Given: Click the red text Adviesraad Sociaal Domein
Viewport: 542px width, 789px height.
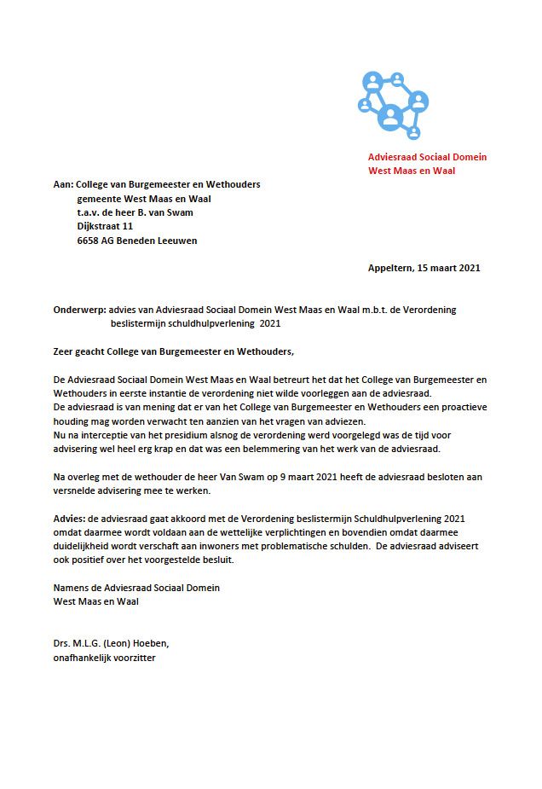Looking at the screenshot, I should (427, 157).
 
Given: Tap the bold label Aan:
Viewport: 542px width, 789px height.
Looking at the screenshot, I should (63, 184).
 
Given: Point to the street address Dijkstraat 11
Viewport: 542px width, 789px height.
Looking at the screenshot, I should (105, 226).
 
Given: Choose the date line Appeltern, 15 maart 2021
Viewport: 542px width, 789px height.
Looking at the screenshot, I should (424, 268).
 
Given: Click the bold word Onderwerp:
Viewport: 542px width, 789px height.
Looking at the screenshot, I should (79, 310).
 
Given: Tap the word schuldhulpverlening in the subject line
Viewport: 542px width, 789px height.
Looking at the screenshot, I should (209, 323).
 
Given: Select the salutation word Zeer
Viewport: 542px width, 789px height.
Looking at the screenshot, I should (64, 351).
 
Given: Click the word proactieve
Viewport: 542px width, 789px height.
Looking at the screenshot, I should (459, 407).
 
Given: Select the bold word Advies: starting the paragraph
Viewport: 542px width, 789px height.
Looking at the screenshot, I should (69, 519).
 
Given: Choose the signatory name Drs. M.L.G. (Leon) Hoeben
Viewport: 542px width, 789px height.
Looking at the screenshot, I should (116, 644).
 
